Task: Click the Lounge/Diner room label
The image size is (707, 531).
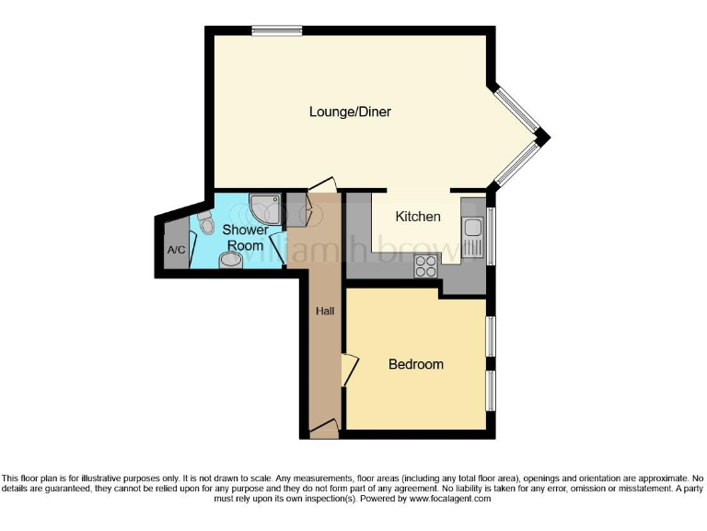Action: point(350,112)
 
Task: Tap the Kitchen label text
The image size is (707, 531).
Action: point(418,217)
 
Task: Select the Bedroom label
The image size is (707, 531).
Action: point(415,364)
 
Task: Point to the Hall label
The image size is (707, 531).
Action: point(325,312)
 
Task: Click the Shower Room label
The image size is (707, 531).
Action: point(246,238)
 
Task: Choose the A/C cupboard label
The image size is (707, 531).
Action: point(175,250)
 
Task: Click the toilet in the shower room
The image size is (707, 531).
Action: point(204,222)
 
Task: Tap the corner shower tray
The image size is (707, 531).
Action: point(264,206)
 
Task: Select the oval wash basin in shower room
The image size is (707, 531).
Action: point(231,261)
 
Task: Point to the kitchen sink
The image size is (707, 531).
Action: point(473,231)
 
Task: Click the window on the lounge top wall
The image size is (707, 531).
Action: point(277,30)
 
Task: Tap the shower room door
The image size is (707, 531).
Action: point(279,242)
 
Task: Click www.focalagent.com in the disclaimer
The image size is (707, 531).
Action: point(449,498)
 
